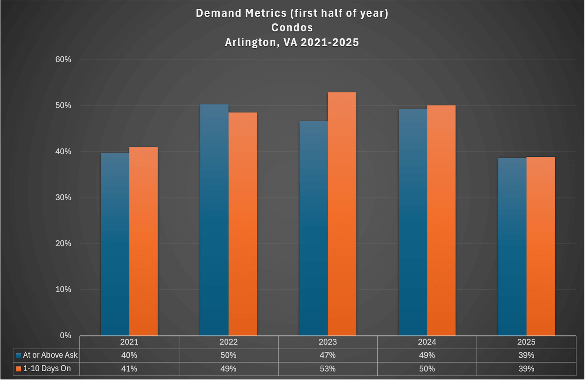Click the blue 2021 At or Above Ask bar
click(115, 244)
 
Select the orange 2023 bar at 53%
click(342, 214)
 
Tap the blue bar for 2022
click(214, 220)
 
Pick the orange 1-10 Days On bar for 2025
click(540, 246)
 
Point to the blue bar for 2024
click(413, 222)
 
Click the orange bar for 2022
click(243, 224)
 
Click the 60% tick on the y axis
click(63, 60)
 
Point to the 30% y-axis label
click(63, 198)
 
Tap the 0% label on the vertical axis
click(65, 335)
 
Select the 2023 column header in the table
click(328, 342)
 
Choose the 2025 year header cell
click(526, 342)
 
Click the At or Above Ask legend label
click(50, 355)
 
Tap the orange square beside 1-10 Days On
click(18, 369)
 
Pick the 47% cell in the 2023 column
click(328, 355)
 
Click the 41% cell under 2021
click(129, 369)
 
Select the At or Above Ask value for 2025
click(526, 355)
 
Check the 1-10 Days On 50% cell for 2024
click(427, 369)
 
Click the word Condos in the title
click(292, 28)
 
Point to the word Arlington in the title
click(250, 42)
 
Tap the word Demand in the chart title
click(218, 13)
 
